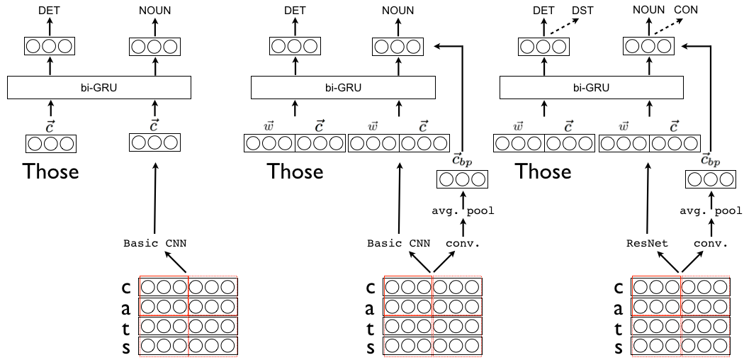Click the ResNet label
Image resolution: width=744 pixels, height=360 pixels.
[647, 244]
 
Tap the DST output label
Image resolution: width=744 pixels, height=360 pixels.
[582, 10]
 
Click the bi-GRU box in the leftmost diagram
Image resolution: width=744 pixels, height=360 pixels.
[99, 87]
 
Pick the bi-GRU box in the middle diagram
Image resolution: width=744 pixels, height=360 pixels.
[343, 87]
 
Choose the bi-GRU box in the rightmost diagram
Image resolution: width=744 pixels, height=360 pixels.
[592, 87]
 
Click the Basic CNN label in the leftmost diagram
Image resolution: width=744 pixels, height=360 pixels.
[155, 244]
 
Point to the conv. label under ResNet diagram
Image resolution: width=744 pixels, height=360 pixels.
[711, 244]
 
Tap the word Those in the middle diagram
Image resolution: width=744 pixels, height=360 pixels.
[295, 171]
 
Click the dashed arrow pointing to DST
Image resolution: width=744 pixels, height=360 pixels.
[559, 28]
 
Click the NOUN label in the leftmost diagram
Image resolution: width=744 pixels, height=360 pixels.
[154, 10]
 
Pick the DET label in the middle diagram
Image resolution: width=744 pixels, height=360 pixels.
[295, 10]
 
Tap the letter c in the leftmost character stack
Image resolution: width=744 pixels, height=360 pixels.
[126, 288]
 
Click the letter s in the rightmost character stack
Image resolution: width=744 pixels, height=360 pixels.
[619, 348]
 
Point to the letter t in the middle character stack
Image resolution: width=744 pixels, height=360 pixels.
[370, 327]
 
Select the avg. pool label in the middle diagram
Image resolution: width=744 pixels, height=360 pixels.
[463, 210]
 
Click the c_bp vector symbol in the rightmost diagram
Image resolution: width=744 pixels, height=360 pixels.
[710, 161]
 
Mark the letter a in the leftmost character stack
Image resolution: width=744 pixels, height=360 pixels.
[126, 308]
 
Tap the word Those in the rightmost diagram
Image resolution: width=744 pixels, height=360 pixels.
[543, 171]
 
